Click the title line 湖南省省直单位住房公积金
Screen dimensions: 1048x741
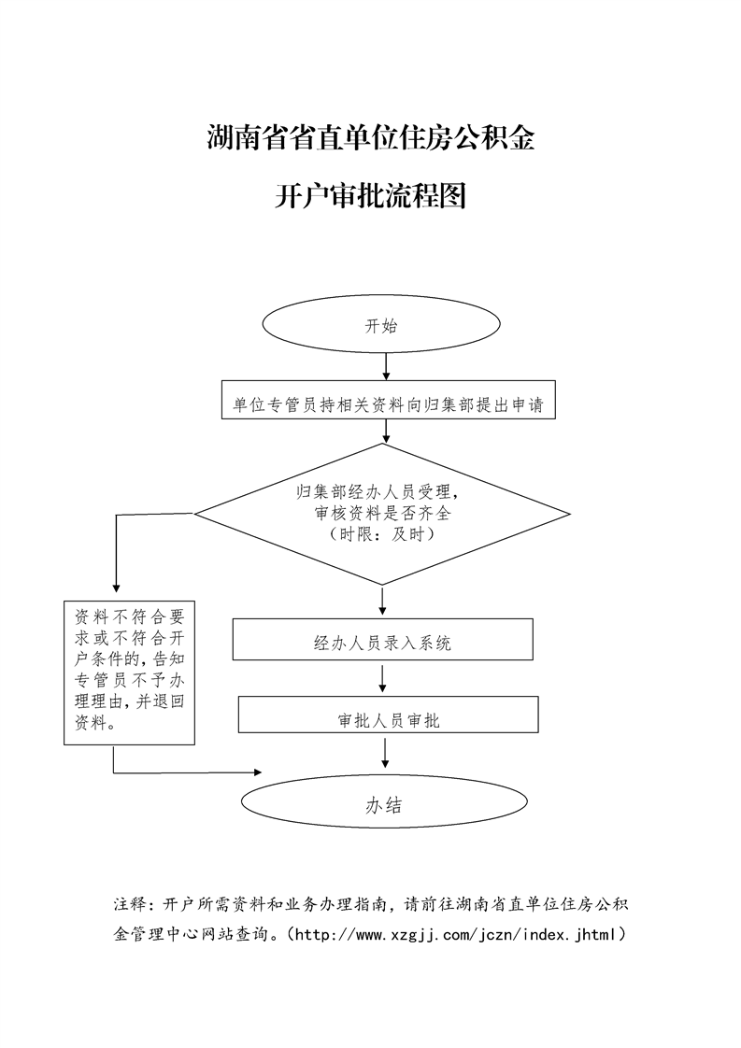tap(370, 139)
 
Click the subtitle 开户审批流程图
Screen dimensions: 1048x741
tap(370, 197)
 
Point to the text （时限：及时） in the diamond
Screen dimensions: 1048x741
tap(381, 536)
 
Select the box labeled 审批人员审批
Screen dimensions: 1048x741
tap(389, 719)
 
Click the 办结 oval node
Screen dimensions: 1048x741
tap(383, 804)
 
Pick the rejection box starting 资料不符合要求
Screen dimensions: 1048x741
tap(129, 671)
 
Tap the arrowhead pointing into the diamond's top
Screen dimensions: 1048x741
tap(385, 435)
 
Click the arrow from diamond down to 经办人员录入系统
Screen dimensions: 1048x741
tap(384, 597)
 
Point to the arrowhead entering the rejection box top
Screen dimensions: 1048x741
tap(115, 587)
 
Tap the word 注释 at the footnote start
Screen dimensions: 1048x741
tap(130, 904)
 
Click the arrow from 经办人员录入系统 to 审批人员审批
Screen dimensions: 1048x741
tap(386, 679)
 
